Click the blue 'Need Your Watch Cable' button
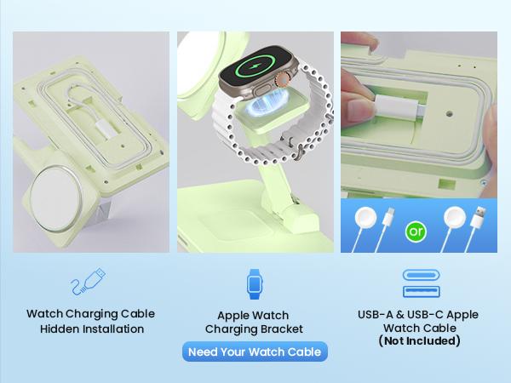255,352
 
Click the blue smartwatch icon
255,283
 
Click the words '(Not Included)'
419,341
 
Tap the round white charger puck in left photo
61,193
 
